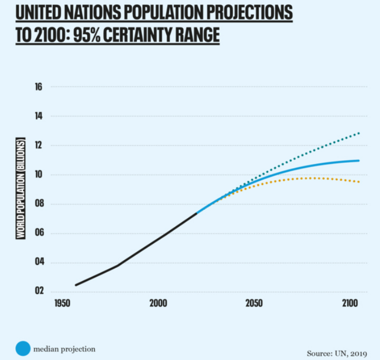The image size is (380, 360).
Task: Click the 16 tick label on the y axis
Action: pyautogui.click(x=39, y=86)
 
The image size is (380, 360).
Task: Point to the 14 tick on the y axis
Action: pyautogui.click(x=39, y=116)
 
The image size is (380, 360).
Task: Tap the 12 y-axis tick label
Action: pyautogui.click(x=39, y=145)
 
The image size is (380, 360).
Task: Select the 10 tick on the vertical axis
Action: pyautogui.click(x=39, y=175)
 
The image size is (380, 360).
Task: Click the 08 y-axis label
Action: pyautogui.click(x=39, y=204)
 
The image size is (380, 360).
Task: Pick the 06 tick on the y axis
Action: pyautogui.click(x=39, y=233)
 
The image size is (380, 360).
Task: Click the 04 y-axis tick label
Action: pyautogui.click(x=39, y=262)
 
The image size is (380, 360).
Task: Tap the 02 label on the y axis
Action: pyautogui.click(x=39, y=291)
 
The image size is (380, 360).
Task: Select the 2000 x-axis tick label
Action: pyautogui.click(x=158, y=304)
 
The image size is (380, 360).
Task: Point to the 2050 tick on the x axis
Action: pyautogui.click(x=255, y=304)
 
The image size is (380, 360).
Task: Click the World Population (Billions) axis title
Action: pyautogui.click(x=22, y=189)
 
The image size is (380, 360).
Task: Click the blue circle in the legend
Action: pyautogui.click(x=23, y=349)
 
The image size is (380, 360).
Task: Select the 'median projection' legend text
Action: pyautogui.click(x=64, y=349)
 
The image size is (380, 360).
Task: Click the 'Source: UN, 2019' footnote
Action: pyautogui.click(x=336, y=353)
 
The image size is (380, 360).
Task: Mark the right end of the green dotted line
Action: pyautogui.click(x=359, y=133)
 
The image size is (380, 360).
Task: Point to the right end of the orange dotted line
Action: pyautogui.click(x=359, y=182)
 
